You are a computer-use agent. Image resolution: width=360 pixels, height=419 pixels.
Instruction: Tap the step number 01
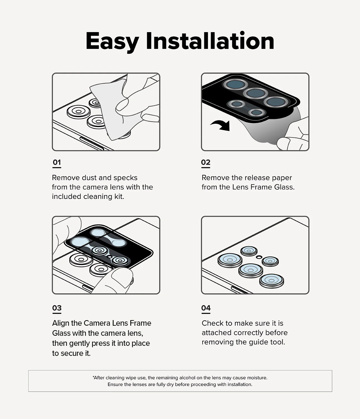tap(57, 162)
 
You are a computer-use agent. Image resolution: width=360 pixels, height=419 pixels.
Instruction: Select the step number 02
tap(206, 162)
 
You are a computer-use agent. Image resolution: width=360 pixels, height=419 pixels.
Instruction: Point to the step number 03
tap(57, 308)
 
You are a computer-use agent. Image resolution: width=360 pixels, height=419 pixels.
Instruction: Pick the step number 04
tap(206, 308)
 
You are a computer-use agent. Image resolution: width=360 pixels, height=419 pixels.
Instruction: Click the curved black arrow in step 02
tap(221, 125)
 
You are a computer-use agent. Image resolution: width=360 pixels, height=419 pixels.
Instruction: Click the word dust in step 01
tap(89, 178)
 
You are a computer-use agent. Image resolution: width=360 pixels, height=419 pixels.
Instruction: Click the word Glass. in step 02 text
tap(284, 187)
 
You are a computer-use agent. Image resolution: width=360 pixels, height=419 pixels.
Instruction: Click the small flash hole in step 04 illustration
tap(259, 257)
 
